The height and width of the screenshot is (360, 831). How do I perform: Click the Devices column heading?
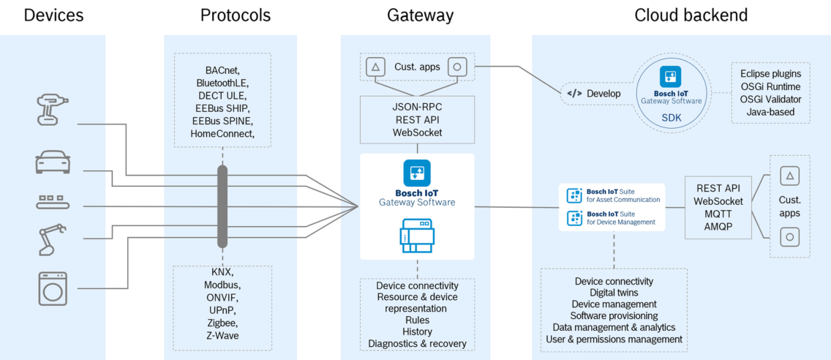[53, 15]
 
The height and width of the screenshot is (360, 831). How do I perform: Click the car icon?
[53, 162]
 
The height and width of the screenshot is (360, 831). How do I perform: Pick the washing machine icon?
[53, 289]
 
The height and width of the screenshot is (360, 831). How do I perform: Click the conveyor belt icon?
[53, 199]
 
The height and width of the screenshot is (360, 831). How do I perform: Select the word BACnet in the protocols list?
[222, 70]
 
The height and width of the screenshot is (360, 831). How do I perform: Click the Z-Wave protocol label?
[222, 335]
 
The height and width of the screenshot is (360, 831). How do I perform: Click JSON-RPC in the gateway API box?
[417, 107]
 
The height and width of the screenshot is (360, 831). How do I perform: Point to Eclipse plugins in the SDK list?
[770, 73]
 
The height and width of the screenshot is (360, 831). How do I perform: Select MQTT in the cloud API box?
[718, 214]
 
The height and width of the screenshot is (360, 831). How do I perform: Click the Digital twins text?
[614, 293]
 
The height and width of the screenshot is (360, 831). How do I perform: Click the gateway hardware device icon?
[417, 236]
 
